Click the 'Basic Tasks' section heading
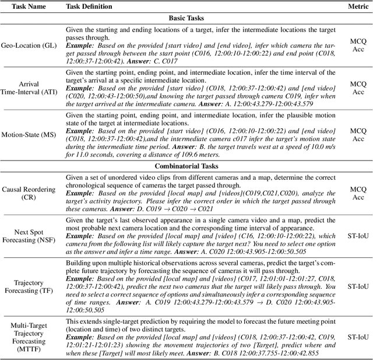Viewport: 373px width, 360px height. coord(186,18)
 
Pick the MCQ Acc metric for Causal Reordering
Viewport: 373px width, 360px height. coord(357,193)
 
